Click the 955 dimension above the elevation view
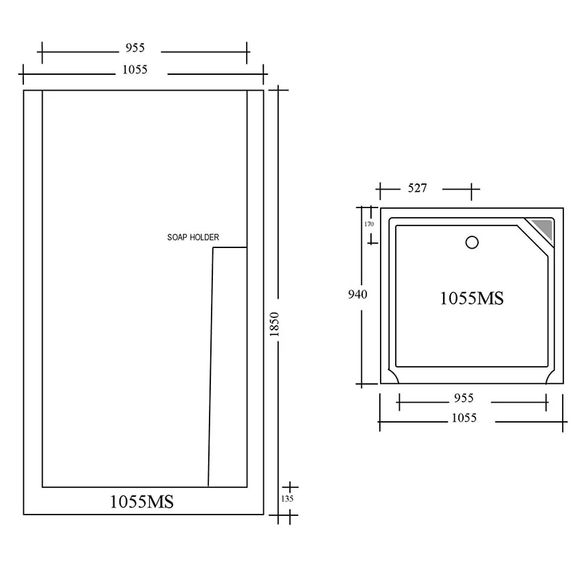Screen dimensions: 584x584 click(x=135, y=47)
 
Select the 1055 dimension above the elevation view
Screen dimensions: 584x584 click(x=135, y=69)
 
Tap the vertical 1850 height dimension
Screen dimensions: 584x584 click(x=274, y=324)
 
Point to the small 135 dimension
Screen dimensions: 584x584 click(x=287, y=499)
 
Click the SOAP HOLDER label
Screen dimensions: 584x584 click(x=193, y=237)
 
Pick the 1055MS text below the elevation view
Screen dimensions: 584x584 click(x=142, y=502)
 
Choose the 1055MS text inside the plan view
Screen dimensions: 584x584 click(x=471, y=298)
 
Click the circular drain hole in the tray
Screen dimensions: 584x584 click(x=472, y=243)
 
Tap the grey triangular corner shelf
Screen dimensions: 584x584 click(x=544, y=228)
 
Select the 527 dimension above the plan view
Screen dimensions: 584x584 click(x=417, y=188)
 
